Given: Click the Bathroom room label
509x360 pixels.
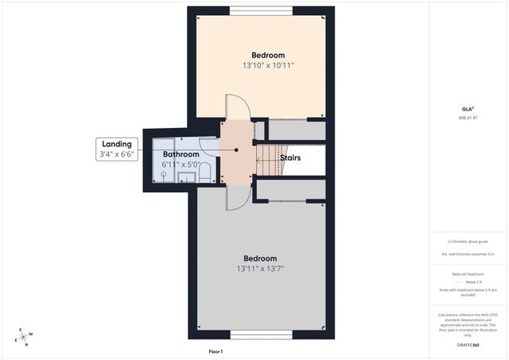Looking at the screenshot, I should pos(181,154).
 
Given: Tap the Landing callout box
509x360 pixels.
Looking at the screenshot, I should pos(116,149).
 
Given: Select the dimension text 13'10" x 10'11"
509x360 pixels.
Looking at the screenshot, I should pos(268,66).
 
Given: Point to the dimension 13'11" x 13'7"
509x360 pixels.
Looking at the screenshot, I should pos(260,269).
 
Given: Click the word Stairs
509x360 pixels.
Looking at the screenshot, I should pos(290,158).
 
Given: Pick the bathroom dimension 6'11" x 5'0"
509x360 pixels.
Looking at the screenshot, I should pos(181,165).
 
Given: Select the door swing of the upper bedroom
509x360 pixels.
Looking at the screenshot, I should pos(237,107).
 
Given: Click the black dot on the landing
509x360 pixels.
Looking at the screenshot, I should pos(236,149).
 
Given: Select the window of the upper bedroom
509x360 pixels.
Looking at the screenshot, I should pos(260,10).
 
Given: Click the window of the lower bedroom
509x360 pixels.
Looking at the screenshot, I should pos(260,335).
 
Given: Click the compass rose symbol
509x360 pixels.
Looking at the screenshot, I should pos(23,336).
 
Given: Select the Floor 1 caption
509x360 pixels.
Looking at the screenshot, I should pos(216,351).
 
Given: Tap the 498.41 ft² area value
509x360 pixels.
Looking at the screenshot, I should pos(469,118).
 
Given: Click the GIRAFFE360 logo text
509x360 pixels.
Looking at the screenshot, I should pos(469,345).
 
